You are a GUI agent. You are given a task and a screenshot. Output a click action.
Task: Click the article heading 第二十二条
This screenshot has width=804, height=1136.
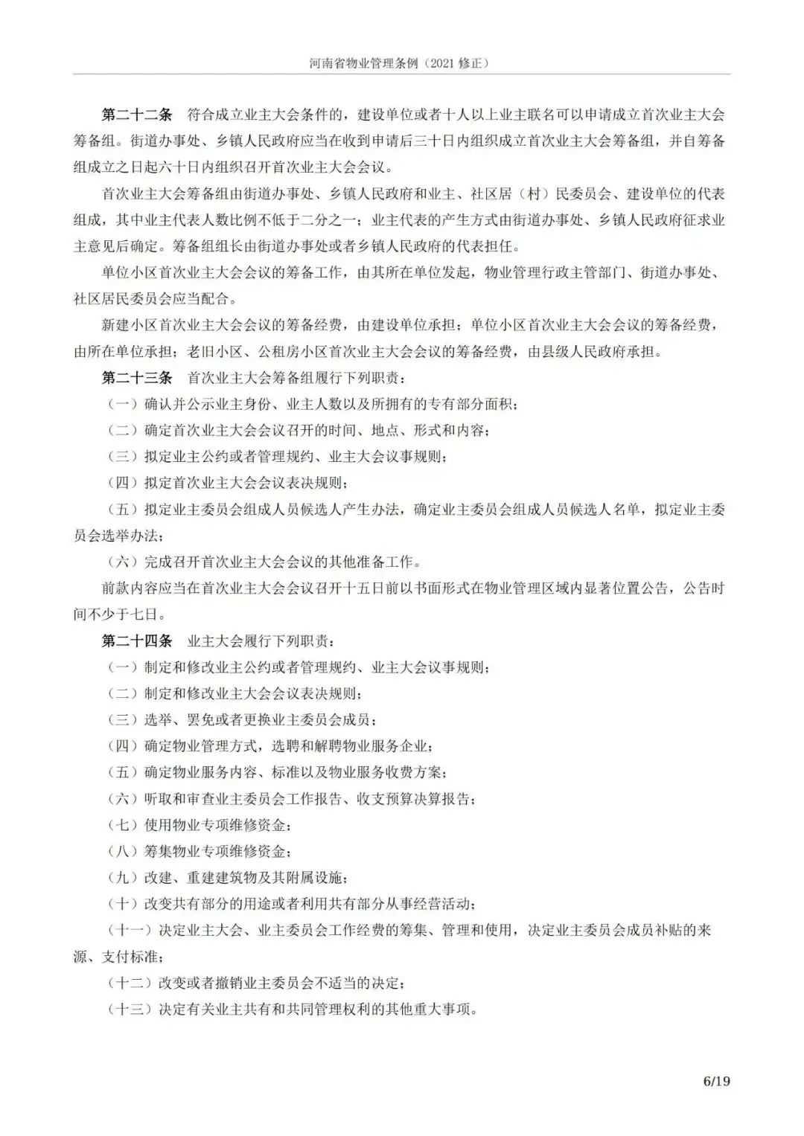[x=136, y=115]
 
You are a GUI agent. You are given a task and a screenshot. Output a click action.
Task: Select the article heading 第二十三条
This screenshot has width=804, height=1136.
[x=136, y=377]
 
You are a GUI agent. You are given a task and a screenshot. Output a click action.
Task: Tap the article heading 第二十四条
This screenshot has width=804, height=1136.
[x=136, y=641]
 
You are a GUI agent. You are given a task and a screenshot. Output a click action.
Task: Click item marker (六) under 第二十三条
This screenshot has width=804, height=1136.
[x=123, y=561]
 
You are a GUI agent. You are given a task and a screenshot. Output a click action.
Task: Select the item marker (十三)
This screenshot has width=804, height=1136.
[x=130, y=1009]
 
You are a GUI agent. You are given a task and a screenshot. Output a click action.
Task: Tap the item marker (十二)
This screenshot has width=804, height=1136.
[x=130, y=983]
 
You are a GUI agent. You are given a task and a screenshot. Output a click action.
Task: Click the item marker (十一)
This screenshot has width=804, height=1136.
[x=130, y=930]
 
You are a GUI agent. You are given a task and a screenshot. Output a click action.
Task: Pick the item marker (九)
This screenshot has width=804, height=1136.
[x=123, y=877]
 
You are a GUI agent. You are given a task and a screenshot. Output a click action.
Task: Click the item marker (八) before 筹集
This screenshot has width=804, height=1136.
[x=123, y=851]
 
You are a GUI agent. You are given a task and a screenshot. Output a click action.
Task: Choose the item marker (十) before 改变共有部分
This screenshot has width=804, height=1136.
[x=123, y=904]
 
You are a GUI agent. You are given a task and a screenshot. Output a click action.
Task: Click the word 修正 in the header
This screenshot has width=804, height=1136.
[x=473, y=63]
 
